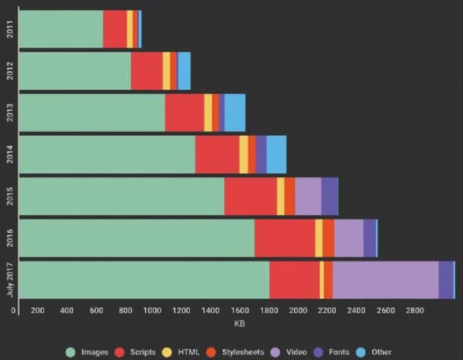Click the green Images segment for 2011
[x=60, y=29]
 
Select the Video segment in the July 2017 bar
[x=385, y=280]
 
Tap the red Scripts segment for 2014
[x=217, y=155]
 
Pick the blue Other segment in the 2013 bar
[x=235, y=112]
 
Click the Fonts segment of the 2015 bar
[x=330, y=196]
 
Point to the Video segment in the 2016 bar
[x=348, y=238]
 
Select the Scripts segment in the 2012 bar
[x=147, y=71]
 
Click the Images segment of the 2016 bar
[x=136, y=238]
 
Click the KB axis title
[x=240, y=324]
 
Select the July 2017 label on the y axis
[x=9, y=280]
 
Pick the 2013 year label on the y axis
[x=9, y=112]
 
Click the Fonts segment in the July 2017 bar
[x=446, y=280]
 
